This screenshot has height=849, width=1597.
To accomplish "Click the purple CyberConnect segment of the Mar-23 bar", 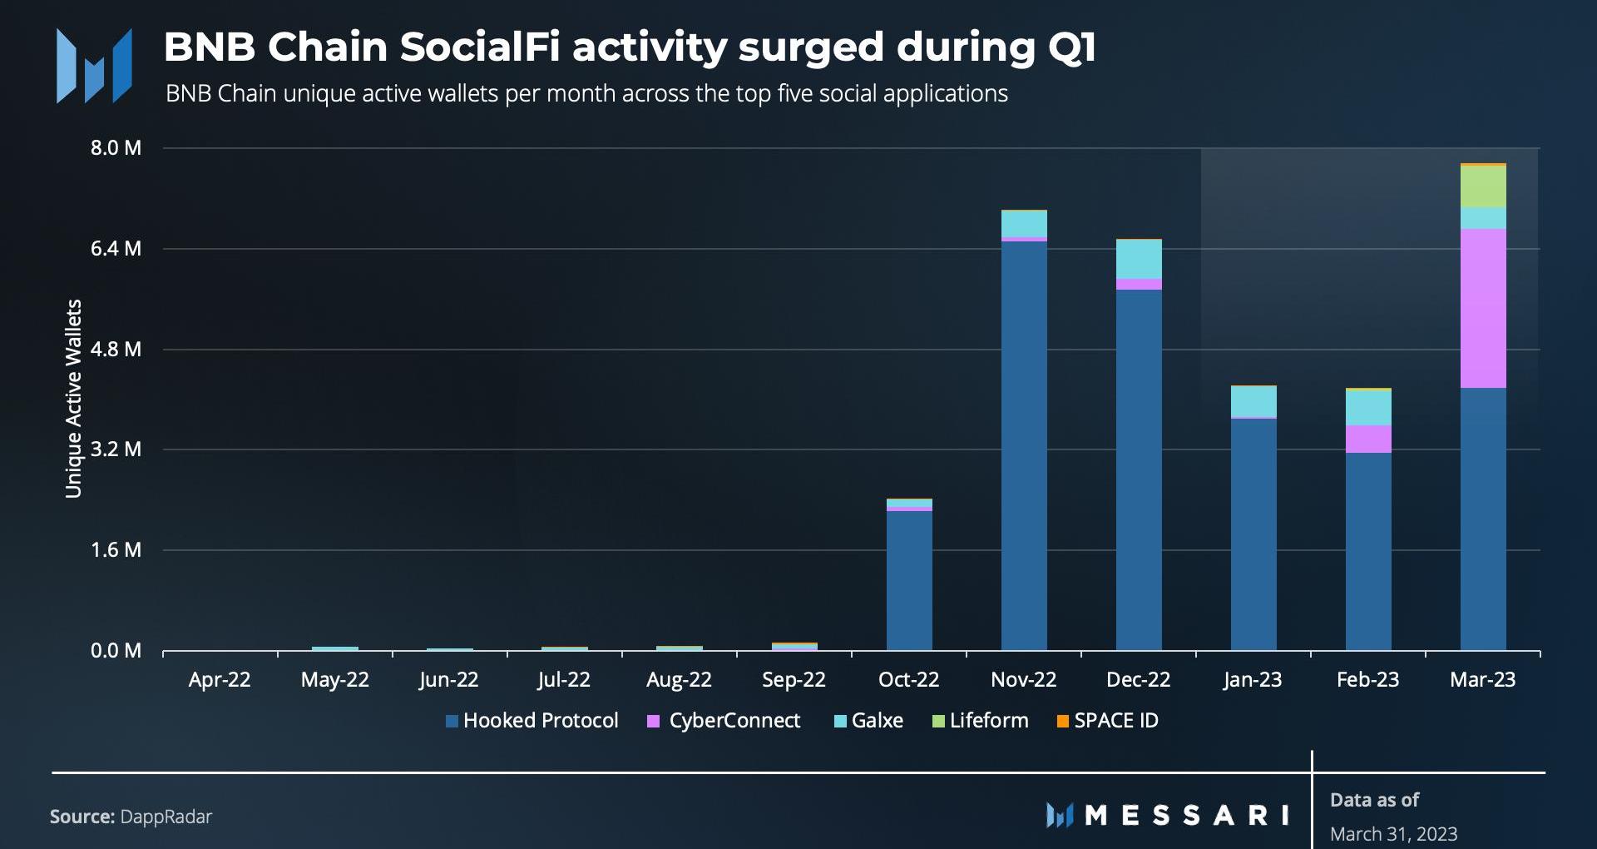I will (1483, 308).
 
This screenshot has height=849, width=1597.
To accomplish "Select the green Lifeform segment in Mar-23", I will (1483, 186).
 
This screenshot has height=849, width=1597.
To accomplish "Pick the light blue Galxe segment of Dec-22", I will (1139, 259).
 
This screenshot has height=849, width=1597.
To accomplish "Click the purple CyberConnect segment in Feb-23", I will (1368, 439).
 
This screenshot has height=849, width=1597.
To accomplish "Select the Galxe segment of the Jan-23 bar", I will (1253, 401).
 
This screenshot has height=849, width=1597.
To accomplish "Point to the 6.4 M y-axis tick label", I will (116, 249).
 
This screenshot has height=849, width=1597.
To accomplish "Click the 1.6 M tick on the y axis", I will (116, 550).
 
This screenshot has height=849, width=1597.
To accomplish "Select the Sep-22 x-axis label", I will (794, 680).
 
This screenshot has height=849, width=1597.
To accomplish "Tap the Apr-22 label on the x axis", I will (220, 680).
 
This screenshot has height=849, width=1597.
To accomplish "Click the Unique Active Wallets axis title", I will (74, 399).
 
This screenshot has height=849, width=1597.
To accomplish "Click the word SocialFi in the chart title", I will (479, 47).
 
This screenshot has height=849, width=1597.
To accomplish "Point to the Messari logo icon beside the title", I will (94, 66).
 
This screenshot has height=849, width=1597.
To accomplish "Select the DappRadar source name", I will (166, 817).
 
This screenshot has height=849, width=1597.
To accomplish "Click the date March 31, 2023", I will (1393, 834).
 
